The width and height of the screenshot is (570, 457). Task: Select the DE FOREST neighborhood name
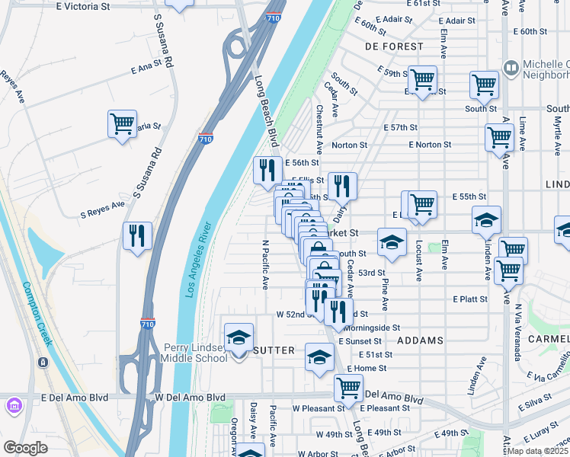point(393,46)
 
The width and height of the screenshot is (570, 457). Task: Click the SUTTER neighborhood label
point(273,350)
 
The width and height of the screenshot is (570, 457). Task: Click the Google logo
point(25,448)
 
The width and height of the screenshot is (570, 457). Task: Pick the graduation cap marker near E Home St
point(320,356)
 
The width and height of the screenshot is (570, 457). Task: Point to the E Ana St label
point(148,68)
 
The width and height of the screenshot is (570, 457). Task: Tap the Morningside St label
point(373,328)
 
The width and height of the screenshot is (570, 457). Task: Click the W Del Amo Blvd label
point(190,398)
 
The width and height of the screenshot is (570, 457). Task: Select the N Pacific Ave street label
point(265,266)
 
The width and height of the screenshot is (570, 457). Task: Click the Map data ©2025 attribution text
point(538,451)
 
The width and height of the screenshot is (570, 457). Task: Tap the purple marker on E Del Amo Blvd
point(14,406)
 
